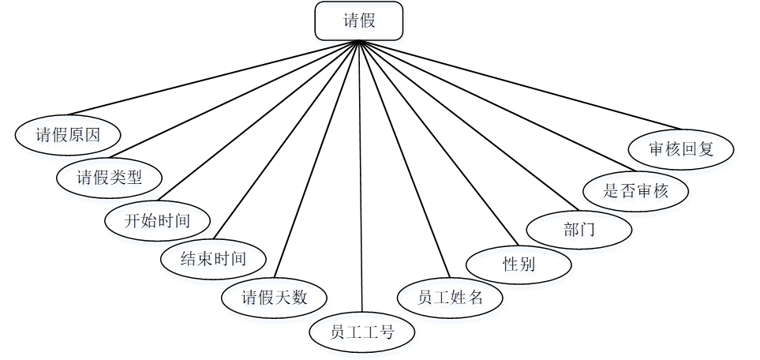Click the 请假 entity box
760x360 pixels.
pos(359,21)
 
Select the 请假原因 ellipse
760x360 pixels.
pos(68,134)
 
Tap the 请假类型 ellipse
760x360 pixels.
pos(109,176)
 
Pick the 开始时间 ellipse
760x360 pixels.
pos(158,219)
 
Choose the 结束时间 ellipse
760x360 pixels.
pos(213,258)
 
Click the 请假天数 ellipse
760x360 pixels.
pos(274,298)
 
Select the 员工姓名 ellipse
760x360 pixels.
pos(450,298)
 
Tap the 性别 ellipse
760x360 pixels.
pos(519,264)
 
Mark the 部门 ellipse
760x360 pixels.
pos(578,231)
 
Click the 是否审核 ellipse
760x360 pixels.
pos(635,190)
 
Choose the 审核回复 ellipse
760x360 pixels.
pos(681,149)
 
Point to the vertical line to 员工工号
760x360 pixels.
pos(360,182)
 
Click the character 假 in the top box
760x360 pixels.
pos(368,21)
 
